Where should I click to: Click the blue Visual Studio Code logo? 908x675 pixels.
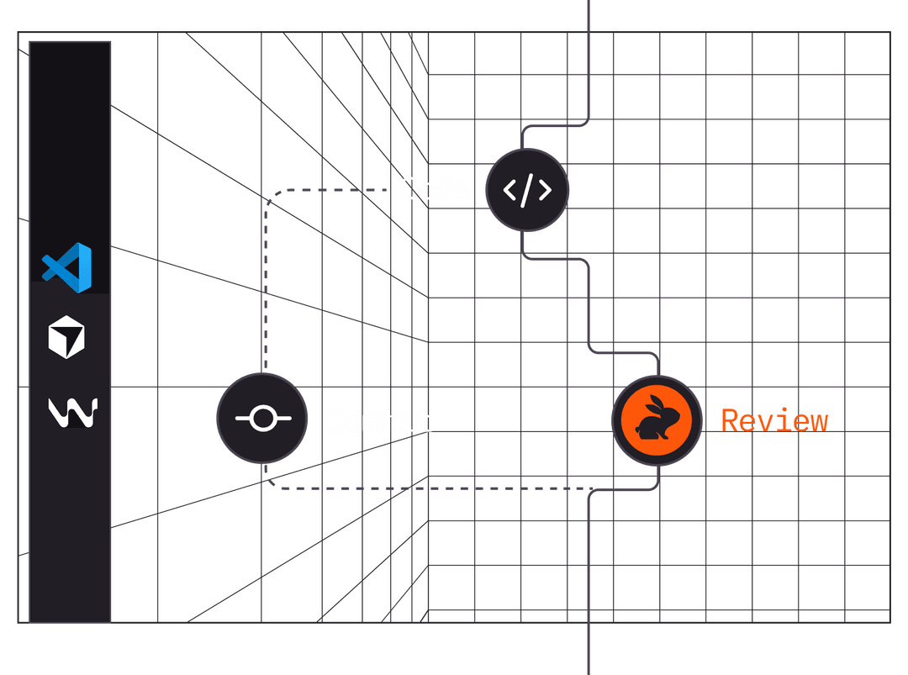pyautogui.click(x=68, y=266)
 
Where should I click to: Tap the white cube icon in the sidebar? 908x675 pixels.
pyautogui.click(x=66, y=339)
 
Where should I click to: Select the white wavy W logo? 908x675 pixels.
pyautogui.click(x=72, y=410)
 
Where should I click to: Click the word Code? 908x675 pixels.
pyautogui.click(x=435, y=189)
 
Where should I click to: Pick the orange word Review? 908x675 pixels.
pyautogui.click(x=774, y=420)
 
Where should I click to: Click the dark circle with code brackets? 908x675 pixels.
pyautogui.click(x=528, y=190)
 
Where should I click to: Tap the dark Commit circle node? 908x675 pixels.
pyautogui.click(x=262, y=418)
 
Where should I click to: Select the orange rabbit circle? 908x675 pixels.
pyautogui.click(x=657, y=419)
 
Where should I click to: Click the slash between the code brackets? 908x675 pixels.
pyautogui.click(x=528, y=191)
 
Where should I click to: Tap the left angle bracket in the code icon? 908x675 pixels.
pyautogui.click(x=509, y=191)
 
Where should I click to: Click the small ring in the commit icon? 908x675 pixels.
pyautogui.click(x=262, y=418)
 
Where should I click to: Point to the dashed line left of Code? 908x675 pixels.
pyautogui.click(x=336, y=189)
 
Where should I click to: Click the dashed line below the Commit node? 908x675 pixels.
pyautogui.click(x=420, y=488)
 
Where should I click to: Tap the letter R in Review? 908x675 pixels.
pyautogui.click(x=730, y=420)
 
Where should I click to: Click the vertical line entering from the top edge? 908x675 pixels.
pyautogui.click(x=588, y=50)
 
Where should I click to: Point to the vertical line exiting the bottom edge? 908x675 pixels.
pyautogui.click(x=588, y=605)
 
